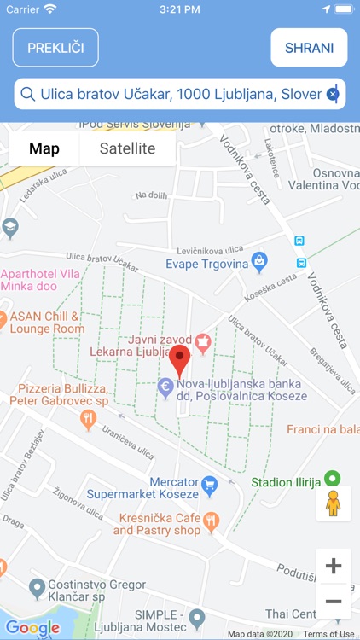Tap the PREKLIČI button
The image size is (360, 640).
(x=55, y=48)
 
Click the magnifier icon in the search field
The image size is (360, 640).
(x=28, y=95)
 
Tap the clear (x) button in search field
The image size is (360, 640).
(x=333, y=95)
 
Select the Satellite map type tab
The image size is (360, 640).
(x=127, y=148)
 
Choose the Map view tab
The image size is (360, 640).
(x=44, y=148)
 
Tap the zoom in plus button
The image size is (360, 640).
(x=334, y=566)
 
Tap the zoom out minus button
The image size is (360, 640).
(x=334, y=602)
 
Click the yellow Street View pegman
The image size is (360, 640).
(x=334, y=503)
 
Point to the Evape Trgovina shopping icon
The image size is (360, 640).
(x=259, y=259)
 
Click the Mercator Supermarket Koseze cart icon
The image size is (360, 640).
(x=209, y=486)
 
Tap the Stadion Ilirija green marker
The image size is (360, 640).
(x=334, y=480)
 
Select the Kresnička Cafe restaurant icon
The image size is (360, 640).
(x=212, y=520)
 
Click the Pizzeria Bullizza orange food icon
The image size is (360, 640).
(x=88, y=418)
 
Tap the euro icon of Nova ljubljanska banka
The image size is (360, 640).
(x=166, y=386)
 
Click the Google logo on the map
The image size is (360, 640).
(x=32, y=629)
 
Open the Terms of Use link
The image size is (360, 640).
(x=328, y=634)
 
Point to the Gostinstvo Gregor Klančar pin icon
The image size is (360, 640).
(x=37, y=587)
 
